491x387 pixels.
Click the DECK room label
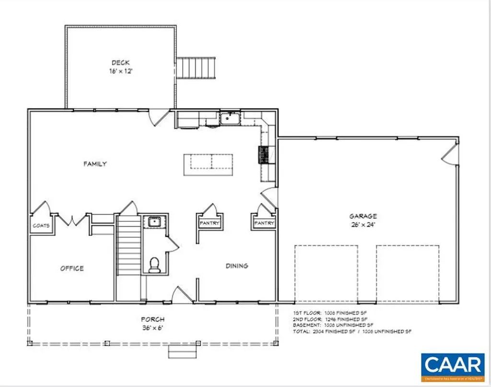pyautogui.click(x=121, y=62)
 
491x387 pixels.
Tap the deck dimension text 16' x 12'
pyautogui.click(x=121, y=71)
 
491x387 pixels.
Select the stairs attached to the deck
pyautogui.click(x=197, y=68)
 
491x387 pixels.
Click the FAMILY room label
pyautogui.click(x=95, y=164)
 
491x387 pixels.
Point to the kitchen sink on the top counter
pyautogui.click(x=230, y=118)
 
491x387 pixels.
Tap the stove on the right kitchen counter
pyautogui.click(x=264, y=155)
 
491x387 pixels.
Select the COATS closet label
pyautogui.click(x=41, y=225)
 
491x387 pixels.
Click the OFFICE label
pyautogui.click(x=72, y=268)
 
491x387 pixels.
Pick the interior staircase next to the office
pyautogui.click(x=128, y=250)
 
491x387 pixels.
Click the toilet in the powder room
pyautogui.click(x=154, y=265)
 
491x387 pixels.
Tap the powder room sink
pyautogui.click(x=154, y=221)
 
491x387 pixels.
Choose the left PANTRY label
pyautogui.click(x=210, y=223)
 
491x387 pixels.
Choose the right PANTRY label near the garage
pyautogui.click(x=264, y=223)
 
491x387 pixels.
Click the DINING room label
pyautogui.click(x=237, y=266)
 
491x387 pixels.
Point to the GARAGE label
pyautogui.click(x=362, y=216)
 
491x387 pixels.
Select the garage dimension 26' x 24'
pyautogui.click(x=362, y=224)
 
